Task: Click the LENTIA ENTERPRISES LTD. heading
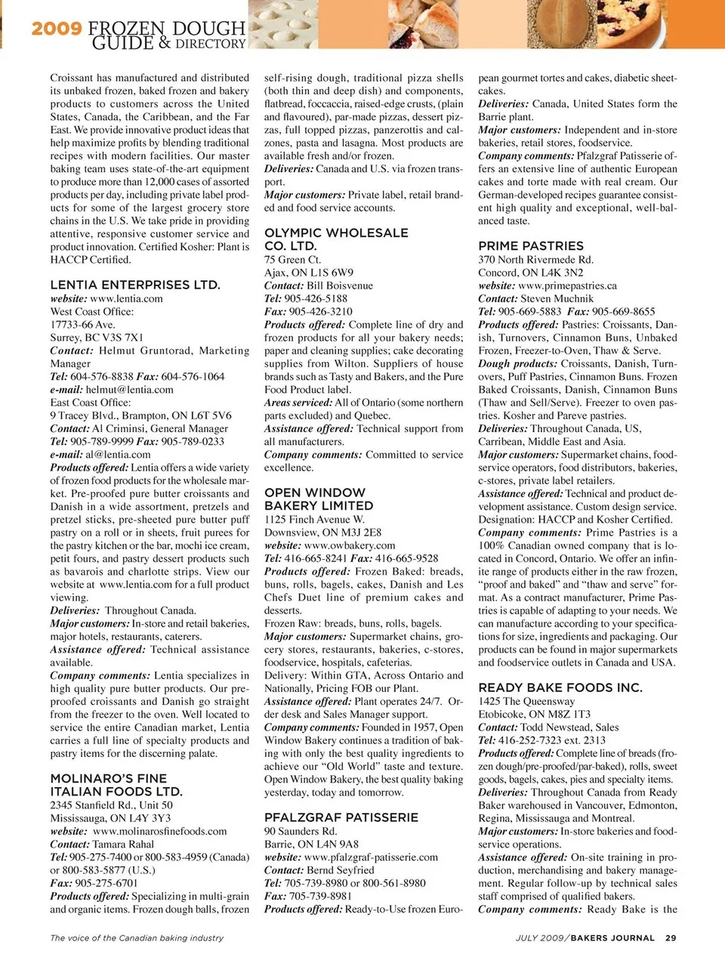point(135,285)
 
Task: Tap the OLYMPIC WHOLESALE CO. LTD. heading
point(336,239)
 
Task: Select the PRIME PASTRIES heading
point(531,246)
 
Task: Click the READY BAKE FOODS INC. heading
point(560,687)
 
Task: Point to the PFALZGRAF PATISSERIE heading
point(341,817)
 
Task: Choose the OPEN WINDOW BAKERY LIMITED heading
point(319,499)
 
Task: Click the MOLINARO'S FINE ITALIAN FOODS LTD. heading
point(116,785)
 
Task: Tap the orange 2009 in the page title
point(57,29)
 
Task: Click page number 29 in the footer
point(671,938)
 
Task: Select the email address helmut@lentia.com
point(129,390)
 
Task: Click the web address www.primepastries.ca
point(567,286)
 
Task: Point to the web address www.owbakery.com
point(350,545)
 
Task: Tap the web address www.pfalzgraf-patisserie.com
point(371,857)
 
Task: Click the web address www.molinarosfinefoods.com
point(159,831)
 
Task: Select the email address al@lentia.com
point(118,455)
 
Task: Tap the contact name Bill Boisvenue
point(340,286)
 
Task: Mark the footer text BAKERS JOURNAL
point(612,938)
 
